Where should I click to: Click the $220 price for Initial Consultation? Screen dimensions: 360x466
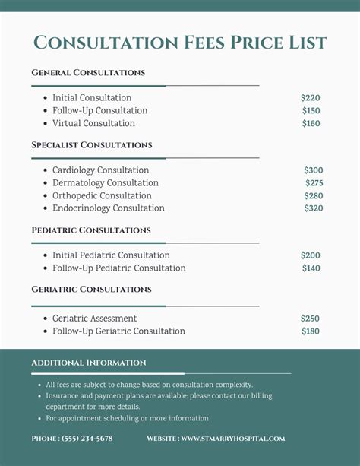pos(310,98)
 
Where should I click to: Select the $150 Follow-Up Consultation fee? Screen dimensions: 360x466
pos(311,111)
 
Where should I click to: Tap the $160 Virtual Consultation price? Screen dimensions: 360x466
pos(311,124)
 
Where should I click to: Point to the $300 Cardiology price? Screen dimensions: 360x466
pos(313,170)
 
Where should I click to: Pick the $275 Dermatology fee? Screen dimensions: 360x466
pos(314,183)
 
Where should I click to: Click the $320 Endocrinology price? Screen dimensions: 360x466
pos(313,208)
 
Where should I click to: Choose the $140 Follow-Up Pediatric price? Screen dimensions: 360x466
pos(311,268)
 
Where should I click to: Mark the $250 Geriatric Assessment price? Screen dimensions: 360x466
pos(310,319)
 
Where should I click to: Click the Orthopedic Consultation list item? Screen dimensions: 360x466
pos(102,196)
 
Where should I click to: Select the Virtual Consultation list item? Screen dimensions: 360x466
pos(93,124)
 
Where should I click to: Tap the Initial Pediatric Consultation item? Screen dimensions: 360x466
pos(111,255)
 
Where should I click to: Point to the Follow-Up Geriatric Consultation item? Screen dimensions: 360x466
pos(118,331)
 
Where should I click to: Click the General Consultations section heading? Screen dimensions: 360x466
pos(88,73)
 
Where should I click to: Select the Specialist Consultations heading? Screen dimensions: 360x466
pos(92,145)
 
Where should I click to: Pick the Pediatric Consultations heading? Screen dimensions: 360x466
pos(91,230)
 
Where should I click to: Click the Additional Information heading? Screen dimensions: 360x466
pos(89,363)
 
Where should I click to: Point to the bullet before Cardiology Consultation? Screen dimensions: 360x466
pos(44,171)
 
